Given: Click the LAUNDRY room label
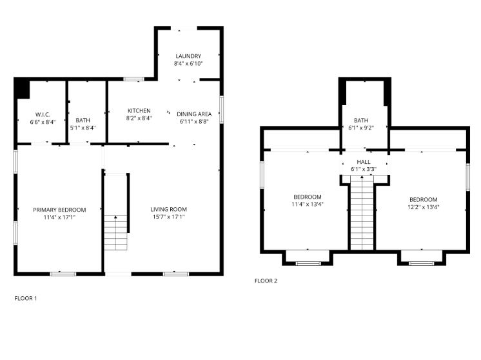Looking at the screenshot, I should click(x=187, y=56).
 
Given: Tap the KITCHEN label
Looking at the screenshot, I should click(x=139, y=111).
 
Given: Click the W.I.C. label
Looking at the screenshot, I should click(x=43, y=114).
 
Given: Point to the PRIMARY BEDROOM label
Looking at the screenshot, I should click(x=59, y=210).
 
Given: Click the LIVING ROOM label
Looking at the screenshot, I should click(x=168, y=210).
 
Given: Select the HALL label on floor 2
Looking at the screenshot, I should click(x=364, y=161).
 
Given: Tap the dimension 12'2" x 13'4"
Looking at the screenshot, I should click(x=423, y=207).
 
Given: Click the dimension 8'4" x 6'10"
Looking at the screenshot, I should click(x=187, y=64).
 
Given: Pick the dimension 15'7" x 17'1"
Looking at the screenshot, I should click(x=168, y=217).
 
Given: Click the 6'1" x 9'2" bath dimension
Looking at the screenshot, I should click(x=361, y=128).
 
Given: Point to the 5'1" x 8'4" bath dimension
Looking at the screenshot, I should click(x=83, y=128).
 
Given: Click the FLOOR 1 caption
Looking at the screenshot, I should click(x=26, y=298).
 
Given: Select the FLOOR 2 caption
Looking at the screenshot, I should click(x=266, y=281).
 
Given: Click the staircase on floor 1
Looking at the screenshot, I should click(x=116, y=232).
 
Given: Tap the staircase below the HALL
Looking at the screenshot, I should click(x=362, y=213).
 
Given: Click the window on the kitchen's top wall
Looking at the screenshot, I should click(x=133, y=79).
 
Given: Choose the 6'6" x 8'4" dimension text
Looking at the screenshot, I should click(x=43, y=121).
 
